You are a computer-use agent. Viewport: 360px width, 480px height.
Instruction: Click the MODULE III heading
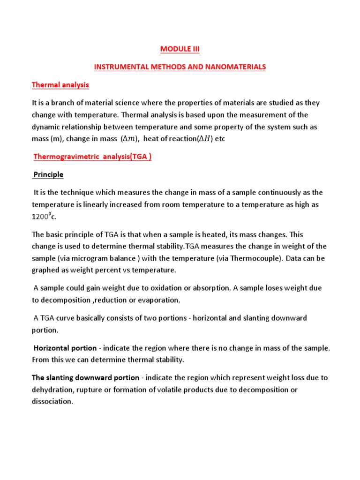180,49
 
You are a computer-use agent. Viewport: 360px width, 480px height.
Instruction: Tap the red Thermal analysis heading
60,85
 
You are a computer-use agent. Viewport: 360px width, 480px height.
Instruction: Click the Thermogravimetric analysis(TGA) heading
92,157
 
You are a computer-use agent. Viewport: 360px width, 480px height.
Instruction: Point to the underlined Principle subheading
48,174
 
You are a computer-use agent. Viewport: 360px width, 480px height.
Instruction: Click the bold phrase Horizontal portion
64,348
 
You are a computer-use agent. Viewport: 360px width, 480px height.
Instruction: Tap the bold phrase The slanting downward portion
85,378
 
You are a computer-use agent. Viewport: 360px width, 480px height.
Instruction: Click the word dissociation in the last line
52,402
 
